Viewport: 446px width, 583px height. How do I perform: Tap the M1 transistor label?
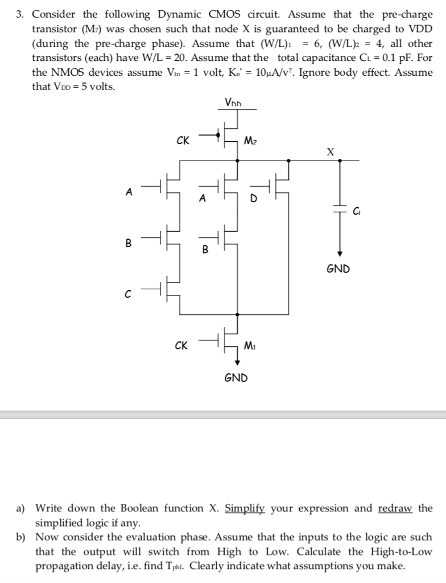(250, 345)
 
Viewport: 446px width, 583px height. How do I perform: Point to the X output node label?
(331, 151)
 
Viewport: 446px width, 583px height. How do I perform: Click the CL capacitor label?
(357, 212)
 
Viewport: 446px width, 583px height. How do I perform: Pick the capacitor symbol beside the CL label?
(340, 209)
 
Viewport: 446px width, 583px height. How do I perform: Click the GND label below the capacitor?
(338, 268)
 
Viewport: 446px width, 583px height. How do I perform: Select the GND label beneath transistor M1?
(236, 377)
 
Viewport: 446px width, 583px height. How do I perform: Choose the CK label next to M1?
(183, 345)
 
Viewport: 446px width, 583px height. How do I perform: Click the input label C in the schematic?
(129, 294)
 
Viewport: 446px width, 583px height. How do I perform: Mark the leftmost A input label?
(129, 192)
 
